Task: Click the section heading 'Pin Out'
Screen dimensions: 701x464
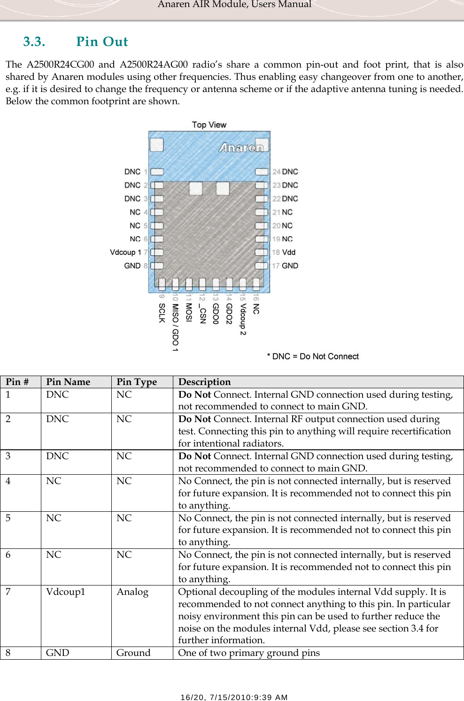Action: [102, 42]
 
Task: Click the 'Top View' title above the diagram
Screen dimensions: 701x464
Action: [209, 125]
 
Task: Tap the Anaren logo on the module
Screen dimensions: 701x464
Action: [241, 147]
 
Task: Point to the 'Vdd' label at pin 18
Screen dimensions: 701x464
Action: [289, 253]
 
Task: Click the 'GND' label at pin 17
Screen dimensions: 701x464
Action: [290, 266]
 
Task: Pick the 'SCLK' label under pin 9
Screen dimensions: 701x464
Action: [162, 313]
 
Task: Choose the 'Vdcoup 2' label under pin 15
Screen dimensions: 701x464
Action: [243, 319]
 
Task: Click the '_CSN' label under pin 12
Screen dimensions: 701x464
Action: [202, 315]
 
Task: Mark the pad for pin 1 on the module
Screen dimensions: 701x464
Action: [157, 172]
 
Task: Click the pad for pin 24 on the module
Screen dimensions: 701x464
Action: [262, 172]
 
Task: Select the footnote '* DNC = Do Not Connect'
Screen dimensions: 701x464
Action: [313, 356]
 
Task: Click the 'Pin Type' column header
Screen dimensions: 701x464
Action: [137, 382]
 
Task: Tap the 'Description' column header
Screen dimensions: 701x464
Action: [204, 382]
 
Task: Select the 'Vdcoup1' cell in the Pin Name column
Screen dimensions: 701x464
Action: [66, 592]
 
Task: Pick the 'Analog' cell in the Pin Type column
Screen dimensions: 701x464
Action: [132, 592]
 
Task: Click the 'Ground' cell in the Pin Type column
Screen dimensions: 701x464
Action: [133, 653]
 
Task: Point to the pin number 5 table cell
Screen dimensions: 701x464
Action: [8, 518]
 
